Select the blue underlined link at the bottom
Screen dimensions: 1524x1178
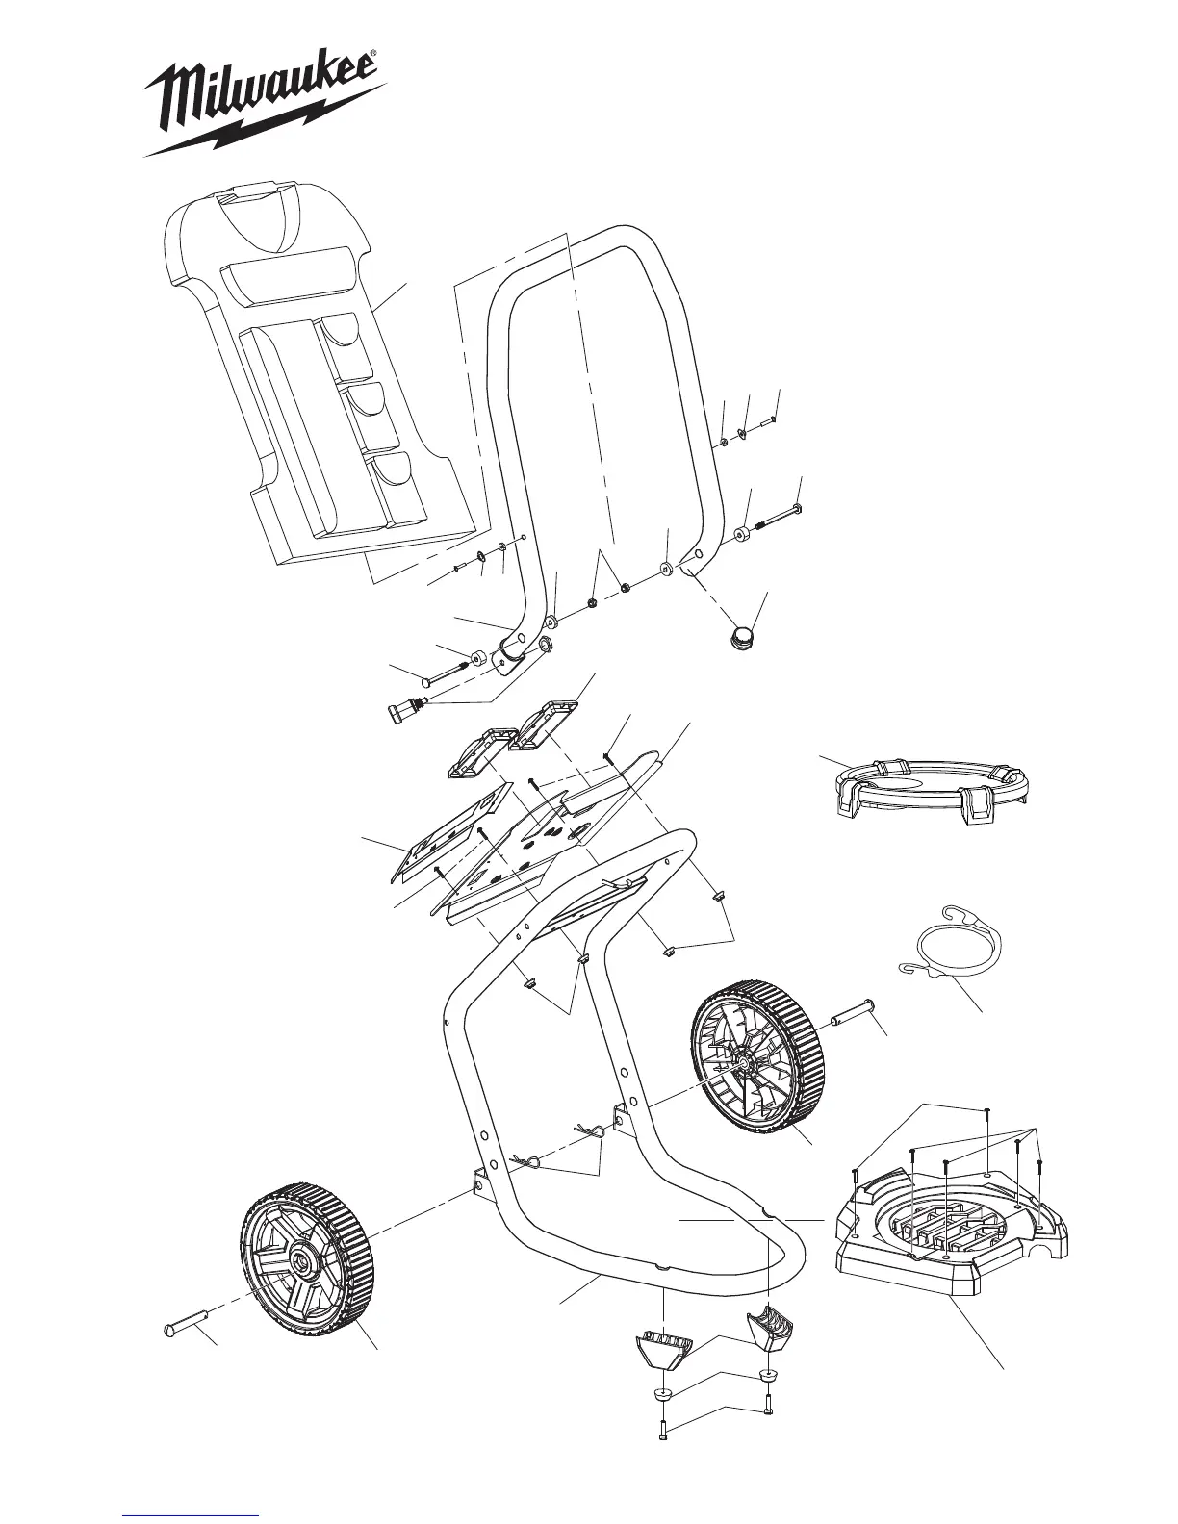[x=192, y=1515]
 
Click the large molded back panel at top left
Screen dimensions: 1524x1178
[x=318, y=385]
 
